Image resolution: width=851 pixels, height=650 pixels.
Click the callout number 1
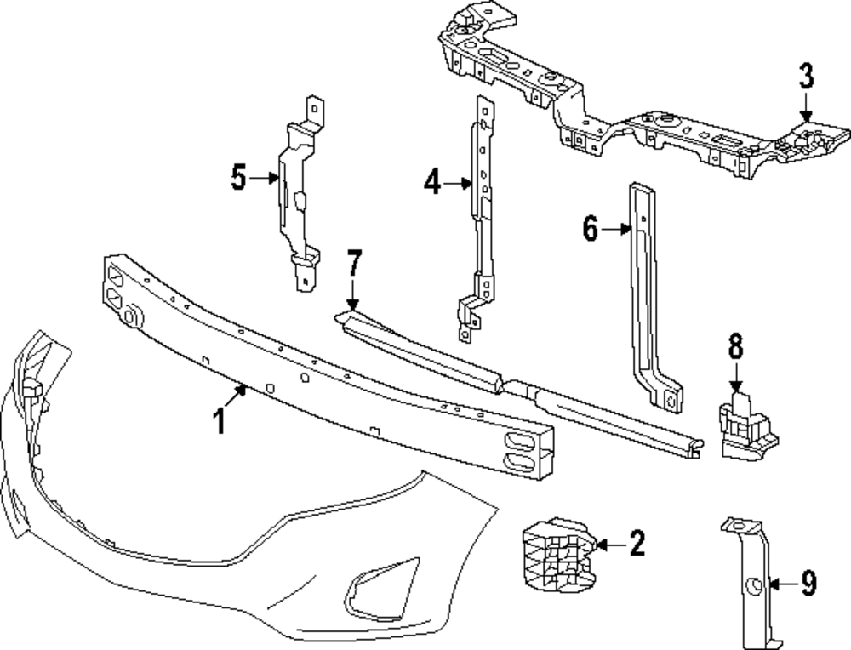click(220, 421)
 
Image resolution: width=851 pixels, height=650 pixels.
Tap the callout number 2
click(637, 543)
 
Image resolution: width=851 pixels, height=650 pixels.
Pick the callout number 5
click(238, 178)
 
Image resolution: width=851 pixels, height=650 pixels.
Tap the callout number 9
click(808, 583)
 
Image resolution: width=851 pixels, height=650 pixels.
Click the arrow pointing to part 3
click(806, 109)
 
